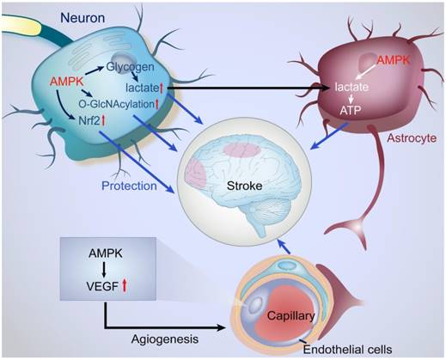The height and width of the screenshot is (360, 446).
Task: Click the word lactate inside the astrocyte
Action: click(352, 88)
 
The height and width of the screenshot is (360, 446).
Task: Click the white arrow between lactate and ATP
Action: click(352, 101)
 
